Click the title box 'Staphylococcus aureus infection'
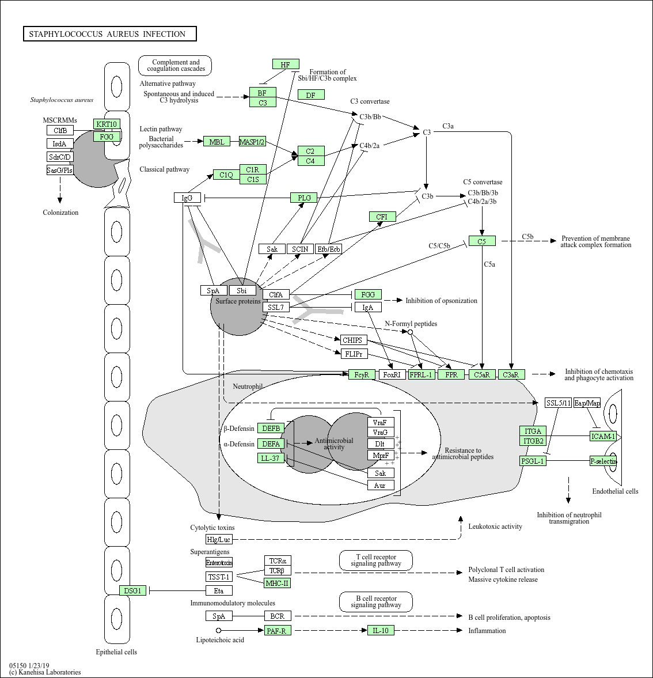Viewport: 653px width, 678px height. pyautogui.click(x=109, y=34)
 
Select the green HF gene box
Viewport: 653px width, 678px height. pyautogui.click(x=285, y=65)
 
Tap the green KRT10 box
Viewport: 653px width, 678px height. pyautogui.click(x=107, y=124)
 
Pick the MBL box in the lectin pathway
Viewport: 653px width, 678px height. pyautogui.click(x=217, y=142)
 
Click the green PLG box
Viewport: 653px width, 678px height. pyautogui.click(x=304, y=198)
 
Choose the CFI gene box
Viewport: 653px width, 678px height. pyautogui.click(x=382, y=217)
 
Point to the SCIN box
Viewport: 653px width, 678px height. pyautogui.click(x=300, y=249)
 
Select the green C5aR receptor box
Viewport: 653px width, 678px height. pyautogui.click(x=481, y=374)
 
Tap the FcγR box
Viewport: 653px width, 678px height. pyautogui.click(x=362, y=374)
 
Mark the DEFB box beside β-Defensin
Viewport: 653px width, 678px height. pyautogui.click(x=271, y=428)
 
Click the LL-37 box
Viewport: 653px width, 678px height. pyautogui.click(x=271, y=458)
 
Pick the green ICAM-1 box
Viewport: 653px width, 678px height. pyautogui.click(x=603, y=436)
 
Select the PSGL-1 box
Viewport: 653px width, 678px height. pyautogui.click(x=533, y=461)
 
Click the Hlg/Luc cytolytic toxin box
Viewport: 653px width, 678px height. pyautogui.click(x=219, y=539)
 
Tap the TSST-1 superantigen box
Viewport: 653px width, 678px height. pyautogui.click(x=219, y=577)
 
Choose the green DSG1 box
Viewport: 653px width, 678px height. pyautogui.click(x=133, y=590)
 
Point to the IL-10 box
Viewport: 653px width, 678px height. pyautogui.click(x=381, y=630)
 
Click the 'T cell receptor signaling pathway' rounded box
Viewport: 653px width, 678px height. pyautogui.click(x=376, y=560)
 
